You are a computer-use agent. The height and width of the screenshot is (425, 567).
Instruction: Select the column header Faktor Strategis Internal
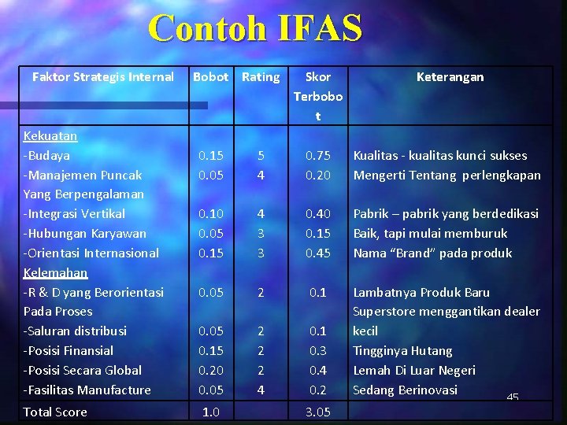[x=102, y=76]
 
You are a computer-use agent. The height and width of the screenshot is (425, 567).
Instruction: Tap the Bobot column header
[x=210, y=76]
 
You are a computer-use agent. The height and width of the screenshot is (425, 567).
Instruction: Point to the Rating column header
[x=261, y=76]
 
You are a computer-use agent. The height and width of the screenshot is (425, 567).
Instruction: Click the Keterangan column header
[x=450, y=76]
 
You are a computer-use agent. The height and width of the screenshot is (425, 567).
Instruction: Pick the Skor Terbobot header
[x=318, y=96]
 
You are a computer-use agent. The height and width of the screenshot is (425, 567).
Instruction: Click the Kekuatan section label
[x=50, y=135]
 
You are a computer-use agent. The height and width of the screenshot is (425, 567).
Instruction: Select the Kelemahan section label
[x=55, y=272]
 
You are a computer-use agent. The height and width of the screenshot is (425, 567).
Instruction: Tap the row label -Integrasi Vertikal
[x=74, y=213]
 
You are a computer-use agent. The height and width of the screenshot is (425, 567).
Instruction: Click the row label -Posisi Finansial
[x=69, y=350]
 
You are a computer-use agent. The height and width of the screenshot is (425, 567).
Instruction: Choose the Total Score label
[x=55, y=412]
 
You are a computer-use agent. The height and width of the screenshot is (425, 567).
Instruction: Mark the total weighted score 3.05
[x=318, y=412]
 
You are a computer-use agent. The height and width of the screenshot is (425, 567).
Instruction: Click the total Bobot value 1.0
[x=210, y=412]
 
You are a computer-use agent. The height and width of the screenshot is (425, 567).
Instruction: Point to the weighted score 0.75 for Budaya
[x=318, y=155]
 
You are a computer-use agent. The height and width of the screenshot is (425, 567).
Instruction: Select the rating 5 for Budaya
[x=261, y=155]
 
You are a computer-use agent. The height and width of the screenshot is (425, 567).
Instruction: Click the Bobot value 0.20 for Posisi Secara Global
[x=210, y=370]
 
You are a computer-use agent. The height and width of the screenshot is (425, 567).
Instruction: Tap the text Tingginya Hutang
[x=402, y=350]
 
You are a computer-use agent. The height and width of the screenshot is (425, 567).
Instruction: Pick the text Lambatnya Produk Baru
[x=421, y=292]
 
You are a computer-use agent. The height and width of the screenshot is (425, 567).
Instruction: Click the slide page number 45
[x=513, y=398]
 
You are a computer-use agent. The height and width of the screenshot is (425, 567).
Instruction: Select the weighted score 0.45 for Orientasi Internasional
[x=318, y=253]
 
